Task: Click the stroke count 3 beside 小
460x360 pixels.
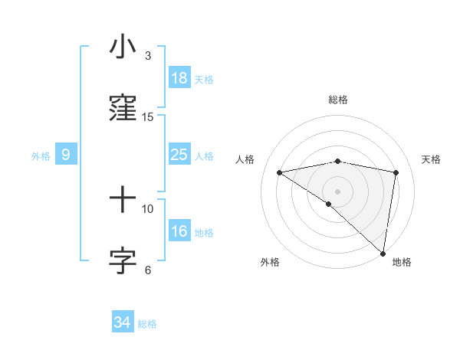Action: (x=148, y=56)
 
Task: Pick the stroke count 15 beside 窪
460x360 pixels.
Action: (x=148, y=117)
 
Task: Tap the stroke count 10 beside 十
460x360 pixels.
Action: (x=148, y=208)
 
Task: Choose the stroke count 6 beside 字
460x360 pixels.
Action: (x=148, y=270)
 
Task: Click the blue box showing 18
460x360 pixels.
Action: (x=179, y=78)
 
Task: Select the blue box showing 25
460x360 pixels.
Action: (x=179, y=155)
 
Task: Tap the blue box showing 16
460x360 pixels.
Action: (x=179, y=232)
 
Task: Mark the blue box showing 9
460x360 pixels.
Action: (x=66, y=155)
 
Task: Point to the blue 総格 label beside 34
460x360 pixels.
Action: (x=147, y=324)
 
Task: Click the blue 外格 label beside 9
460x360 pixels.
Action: (x=41, y=156)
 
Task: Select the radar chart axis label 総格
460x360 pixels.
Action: (x=338, y=100)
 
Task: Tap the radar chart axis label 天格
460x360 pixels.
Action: (x=432, y=159)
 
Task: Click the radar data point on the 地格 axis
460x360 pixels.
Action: (x=383, y=254)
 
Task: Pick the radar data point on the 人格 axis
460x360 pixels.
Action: (x=279, y=172)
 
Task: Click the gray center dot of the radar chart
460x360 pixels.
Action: (x=338, y=191)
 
